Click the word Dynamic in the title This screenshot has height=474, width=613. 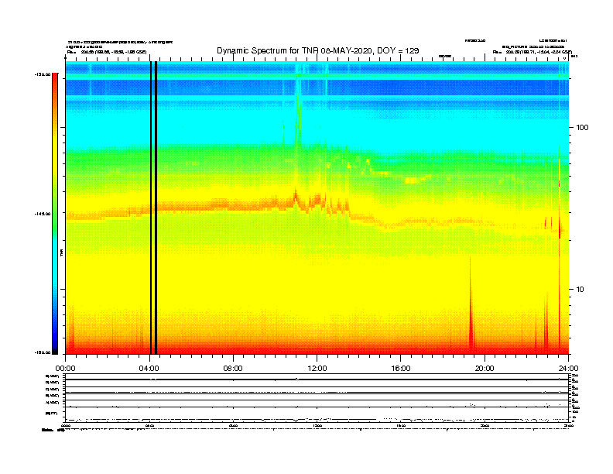(x=235, y=50)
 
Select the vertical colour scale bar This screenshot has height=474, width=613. (x=55, y=214)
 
